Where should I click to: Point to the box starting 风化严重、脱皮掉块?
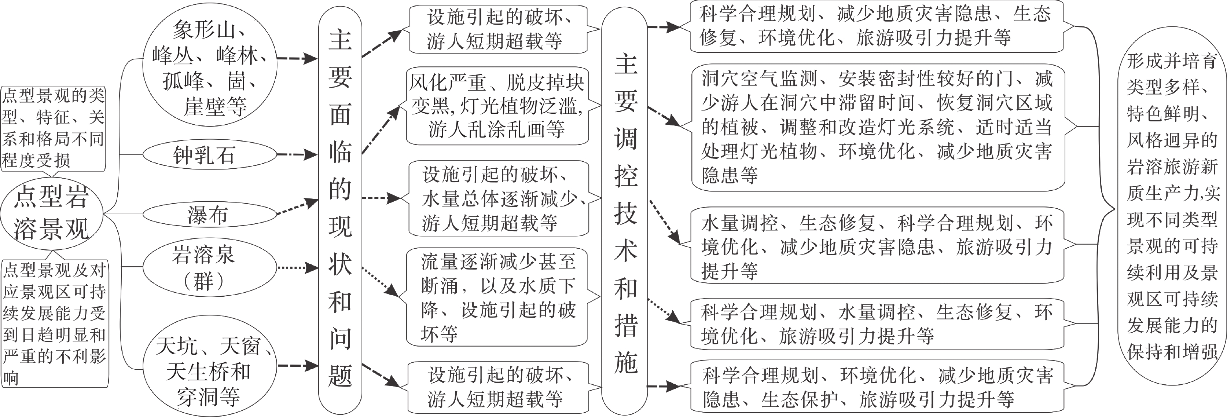[x=497, y=106]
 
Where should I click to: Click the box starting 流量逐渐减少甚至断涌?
[x=497, y=297]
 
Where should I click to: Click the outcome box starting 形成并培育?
[x=1172, y=207]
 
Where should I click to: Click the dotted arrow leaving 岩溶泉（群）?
[x=297, y=268]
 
